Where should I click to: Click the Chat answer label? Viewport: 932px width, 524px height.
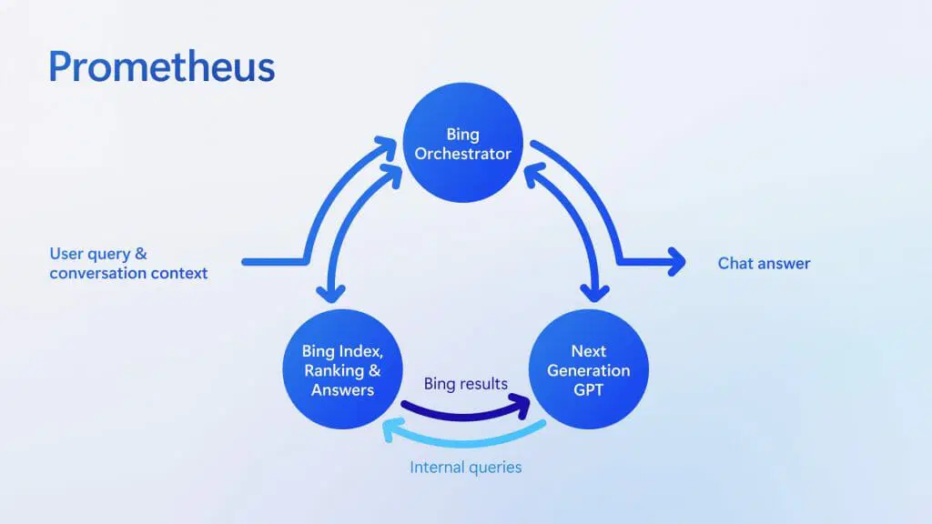[x=764, y=264]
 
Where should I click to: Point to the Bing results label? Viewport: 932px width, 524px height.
[x=465, y=384]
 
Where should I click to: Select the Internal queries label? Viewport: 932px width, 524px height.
[x=466, y=468]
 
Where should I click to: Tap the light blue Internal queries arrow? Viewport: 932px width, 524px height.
[x=464, y=439]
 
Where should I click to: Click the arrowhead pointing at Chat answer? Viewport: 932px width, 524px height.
[x=676, y=263]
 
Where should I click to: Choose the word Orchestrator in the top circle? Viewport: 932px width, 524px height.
[x=463, y=154]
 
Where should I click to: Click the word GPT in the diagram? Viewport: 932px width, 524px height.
[x=588, y=390]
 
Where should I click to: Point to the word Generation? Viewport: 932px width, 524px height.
[x=588, y=371]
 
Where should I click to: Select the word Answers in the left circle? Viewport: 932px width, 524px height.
[x=342, y=390]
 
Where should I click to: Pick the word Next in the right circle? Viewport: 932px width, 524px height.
[x=588, y=351]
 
